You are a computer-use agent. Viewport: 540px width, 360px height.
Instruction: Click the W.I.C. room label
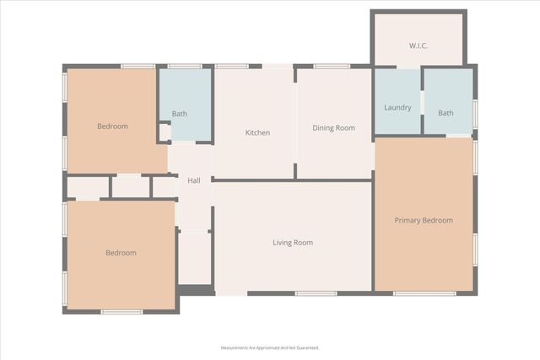(x=418, y=46)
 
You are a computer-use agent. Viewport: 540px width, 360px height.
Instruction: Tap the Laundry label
(x=397, y=108)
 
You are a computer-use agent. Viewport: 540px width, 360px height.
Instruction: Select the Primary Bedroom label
(x=424, y=221)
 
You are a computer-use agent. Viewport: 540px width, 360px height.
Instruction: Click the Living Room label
(x=292, y=243)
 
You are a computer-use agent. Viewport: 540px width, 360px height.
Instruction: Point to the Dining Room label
(x=333, y=128)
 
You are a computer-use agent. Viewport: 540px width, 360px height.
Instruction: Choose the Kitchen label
(x=257, y=133)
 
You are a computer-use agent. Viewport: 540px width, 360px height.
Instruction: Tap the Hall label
(x=193, y=180)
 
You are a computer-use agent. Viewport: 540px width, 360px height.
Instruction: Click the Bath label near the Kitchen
(x=180, y=114)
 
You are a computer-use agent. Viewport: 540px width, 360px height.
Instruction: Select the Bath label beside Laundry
(x=445, y=113)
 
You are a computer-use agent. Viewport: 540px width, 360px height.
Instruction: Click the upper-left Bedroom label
(x=112, y=126)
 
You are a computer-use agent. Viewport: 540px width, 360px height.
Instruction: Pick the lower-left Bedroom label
(x=121, y=253)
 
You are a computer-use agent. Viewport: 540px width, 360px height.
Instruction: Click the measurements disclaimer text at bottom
(x=270, y=347)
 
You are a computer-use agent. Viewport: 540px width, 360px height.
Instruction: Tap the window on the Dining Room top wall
(x=332, y=66)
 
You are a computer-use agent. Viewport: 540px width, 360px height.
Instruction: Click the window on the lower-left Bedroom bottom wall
(x=121, y=312)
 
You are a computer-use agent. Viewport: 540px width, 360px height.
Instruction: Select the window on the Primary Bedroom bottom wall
(x=424, y=293)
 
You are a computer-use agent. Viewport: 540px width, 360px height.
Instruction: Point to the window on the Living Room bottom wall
(x=316, y=293)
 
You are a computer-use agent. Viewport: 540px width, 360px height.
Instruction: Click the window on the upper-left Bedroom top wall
(x=138, y=66)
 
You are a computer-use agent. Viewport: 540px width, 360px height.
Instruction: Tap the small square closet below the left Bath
(x=165, y=132)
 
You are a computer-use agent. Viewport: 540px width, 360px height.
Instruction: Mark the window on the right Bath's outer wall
(x=475, y=113)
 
